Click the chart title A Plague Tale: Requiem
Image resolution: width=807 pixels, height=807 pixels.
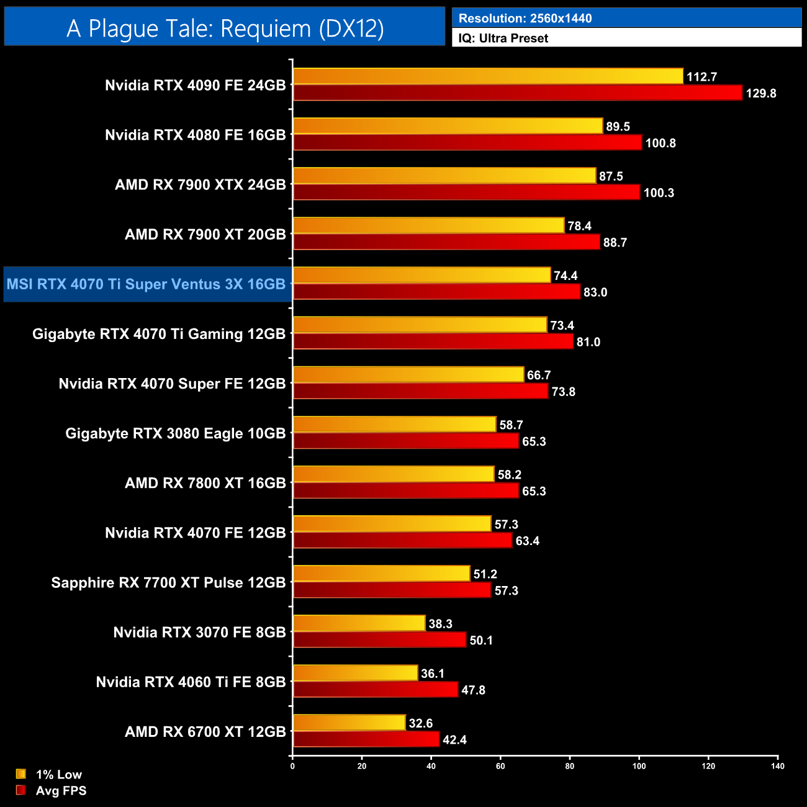(225, 29)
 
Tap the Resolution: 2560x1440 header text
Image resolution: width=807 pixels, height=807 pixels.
(525, 18)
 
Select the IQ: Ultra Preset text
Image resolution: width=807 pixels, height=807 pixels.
(503, 38)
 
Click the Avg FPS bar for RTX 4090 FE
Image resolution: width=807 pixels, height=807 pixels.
(518, 93)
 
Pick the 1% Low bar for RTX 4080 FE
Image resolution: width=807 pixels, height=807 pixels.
(448, 126)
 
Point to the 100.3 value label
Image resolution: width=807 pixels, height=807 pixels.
(659, 193)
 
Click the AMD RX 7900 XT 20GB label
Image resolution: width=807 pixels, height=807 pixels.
(205, 235)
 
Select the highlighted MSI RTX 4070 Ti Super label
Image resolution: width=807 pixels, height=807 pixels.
(147, 284)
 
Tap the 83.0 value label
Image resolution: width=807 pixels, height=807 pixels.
(595, 292)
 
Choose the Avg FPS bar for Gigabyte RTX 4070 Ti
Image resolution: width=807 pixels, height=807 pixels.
(433, 341)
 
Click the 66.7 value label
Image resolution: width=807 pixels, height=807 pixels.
(539, 376)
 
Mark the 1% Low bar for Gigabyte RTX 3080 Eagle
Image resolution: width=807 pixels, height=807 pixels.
(395, 425)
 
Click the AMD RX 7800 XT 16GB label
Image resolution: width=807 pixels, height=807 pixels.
(205, 483)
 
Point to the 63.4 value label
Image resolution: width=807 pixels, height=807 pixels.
(528, 541)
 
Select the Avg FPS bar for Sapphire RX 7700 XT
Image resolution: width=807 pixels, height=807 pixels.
(392, 590)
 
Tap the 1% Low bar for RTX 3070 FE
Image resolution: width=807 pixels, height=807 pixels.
(359, 623)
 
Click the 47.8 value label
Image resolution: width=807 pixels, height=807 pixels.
(474, 690)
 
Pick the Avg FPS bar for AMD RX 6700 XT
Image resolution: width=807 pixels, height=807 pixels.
(366, 739)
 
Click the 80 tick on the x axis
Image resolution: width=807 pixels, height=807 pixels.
(570, 766)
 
